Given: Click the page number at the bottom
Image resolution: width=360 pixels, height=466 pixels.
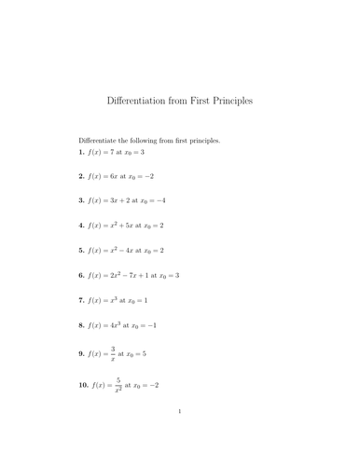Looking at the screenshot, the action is click(179, 434).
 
